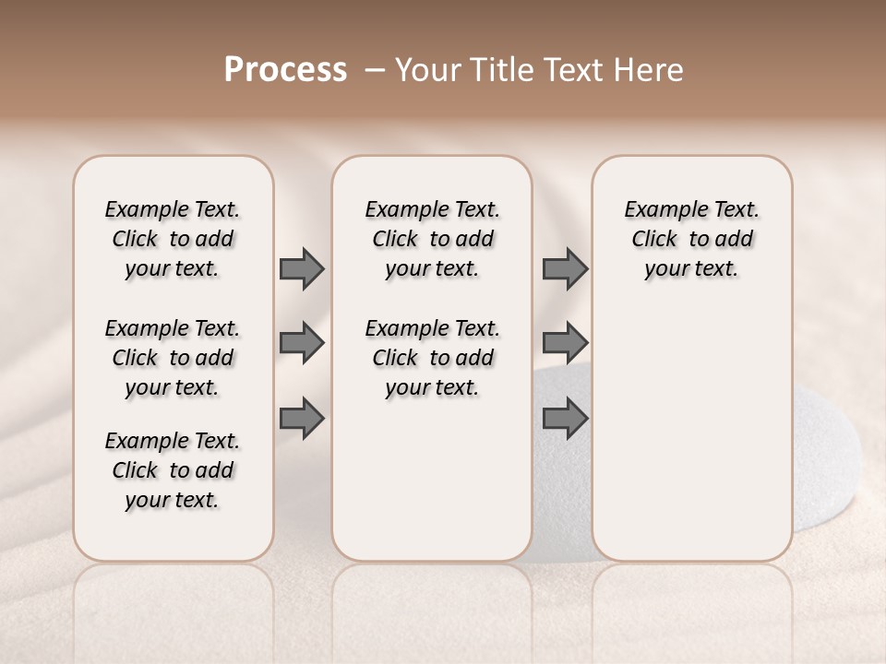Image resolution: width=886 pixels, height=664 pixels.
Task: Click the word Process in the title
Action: tap(285, 70)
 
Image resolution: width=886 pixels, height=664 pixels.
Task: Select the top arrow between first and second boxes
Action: tap(302, 268)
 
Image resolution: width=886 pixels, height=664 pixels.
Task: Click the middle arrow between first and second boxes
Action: tap(302, 343)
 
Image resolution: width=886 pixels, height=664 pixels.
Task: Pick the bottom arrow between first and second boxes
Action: tap(302, 419)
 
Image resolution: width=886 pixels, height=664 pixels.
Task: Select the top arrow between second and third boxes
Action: tap(565, 268)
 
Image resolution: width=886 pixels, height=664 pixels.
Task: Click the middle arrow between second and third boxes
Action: tap(565, 343)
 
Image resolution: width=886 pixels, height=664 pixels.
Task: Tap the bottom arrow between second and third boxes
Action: tap(565, 419)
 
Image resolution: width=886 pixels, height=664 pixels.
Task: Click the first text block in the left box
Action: tap(173, 239)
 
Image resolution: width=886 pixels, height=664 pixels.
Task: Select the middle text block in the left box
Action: tap(173, 358)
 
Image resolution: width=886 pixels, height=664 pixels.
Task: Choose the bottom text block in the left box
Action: tap(173, 470)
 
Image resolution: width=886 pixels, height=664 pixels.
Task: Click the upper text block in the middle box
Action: tap(432, 239)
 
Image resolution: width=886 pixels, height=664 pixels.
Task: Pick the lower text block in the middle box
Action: tap(432, 358)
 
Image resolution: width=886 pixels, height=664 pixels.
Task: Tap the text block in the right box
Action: tap(691, 239)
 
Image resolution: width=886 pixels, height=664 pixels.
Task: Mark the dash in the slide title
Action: tap(375, 71)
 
